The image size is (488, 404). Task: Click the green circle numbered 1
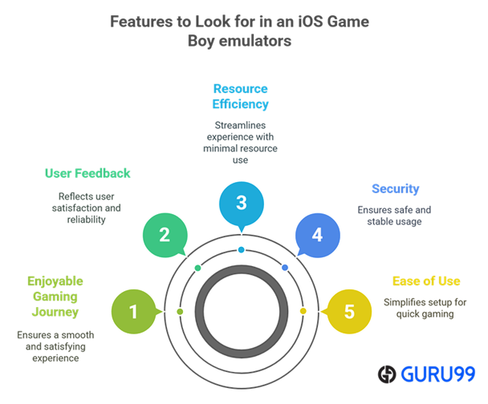(134, 311)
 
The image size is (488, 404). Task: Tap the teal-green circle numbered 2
(165, 235)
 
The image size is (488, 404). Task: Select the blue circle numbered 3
(241, 203)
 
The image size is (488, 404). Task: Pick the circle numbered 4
(317, 235)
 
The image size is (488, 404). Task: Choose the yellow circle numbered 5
(349, 311)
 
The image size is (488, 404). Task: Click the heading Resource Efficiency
(241, 96)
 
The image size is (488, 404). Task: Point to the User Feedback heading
(87, 173)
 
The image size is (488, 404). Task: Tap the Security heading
(395, 189)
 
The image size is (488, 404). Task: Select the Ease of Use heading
(426, 281)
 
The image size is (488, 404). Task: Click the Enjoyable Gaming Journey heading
(55, 297)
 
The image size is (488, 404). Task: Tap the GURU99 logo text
(438, 374)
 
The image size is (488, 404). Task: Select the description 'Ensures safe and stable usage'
(395, 215)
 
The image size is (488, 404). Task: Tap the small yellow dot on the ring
(303, 311)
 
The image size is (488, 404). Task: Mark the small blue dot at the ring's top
(241, 250)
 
